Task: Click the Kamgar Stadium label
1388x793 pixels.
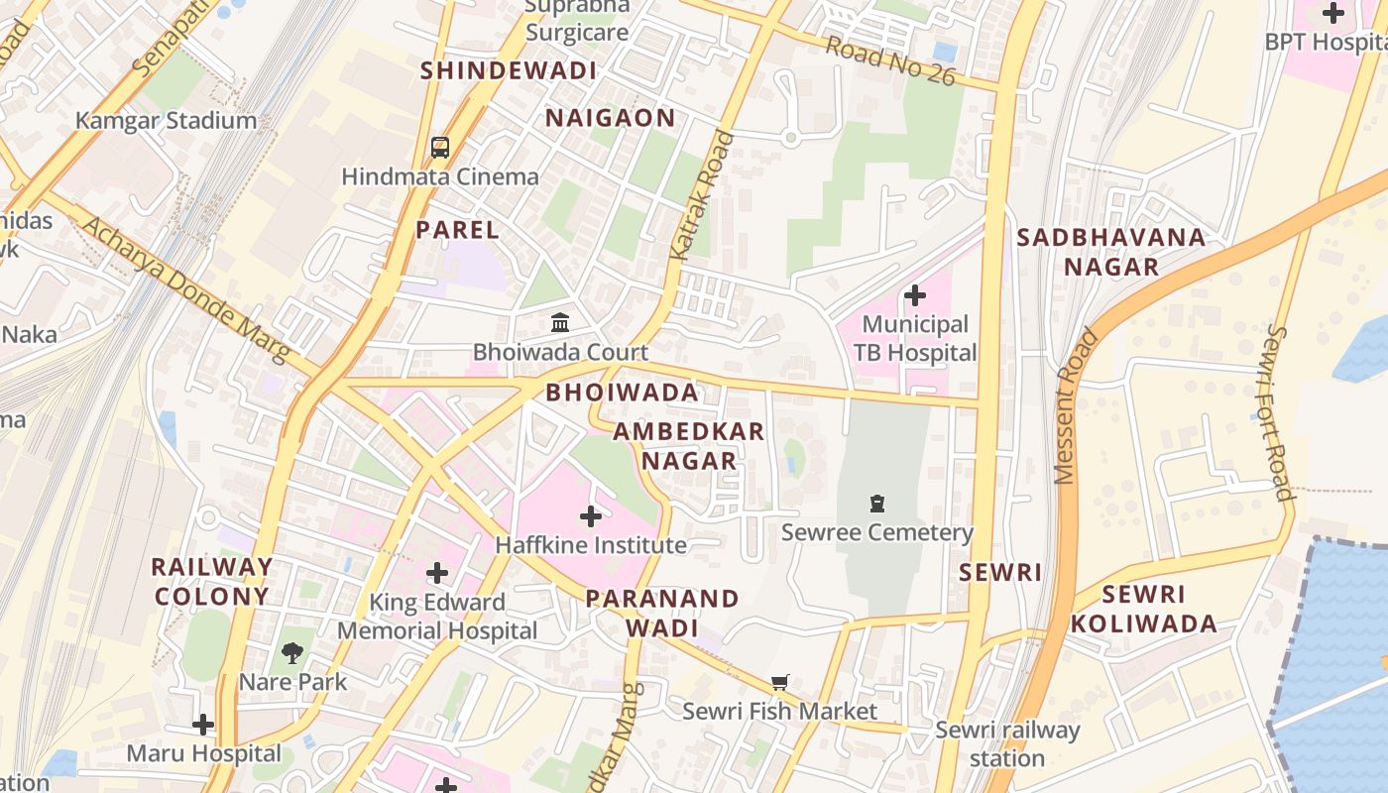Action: (x=166, y=121)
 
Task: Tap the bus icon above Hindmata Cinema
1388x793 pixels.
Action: (x=440, y=148)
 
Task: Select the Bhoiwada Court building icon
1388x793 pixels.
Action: (x=560, y=322)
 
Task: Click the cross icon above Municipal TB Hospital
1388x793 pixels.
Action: (x=914, y=295)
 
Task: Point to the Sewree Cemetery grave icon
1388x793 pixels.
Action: (x=876, y=504)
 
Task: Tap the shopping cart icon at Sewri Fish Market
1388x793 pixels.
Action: (x=779, y=683)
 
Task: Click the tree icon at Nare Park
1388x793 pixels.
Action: (x=292, y=652)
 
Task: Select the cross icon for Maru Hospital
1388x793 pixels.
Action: (x=203, y=725)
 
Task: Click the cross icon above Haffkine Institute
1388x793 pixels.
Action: (x=591, y=516)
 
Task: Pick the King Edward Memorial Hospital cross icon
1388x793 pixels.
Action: (x=437, y=573)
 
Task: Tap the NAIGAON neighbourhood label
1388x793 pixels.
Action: (x=611, y=118)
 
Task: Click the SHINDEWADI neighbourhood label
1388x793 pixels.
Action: (x=509, y=70)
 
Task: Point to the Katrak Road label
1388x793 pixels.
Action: (x=702, y=196)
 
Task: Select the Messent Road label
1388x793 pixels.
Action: (x=1078, y=406)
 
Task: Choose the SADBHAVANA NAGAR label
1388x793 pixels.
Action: (x=1110, y=252)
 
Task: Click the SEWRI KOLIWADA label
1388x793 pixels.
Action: (x=1143, y=609)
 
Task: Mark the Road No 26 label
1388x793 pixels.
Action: (x=890, y=61)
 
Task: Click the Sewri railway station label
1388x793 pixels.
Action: (x=1007, y=744)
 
